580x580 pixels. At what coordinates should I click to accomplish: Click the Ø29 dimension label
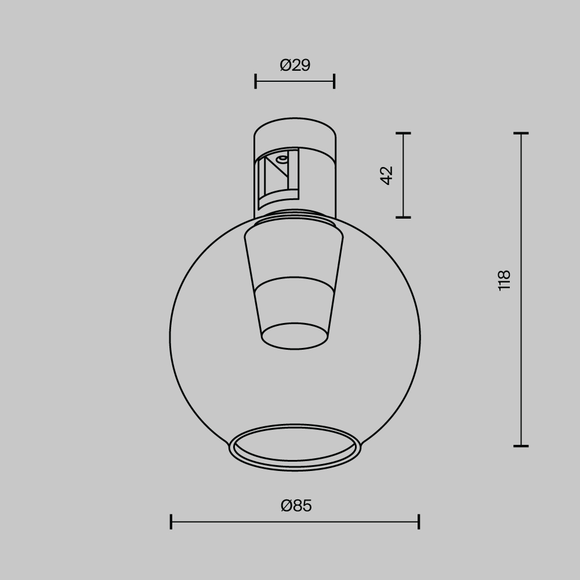pos(295,65)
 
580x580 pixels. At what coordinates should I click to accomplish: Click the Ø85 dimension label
pos(296,506)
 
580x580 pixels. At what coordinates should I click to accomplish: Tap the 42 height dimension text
pos(387,175)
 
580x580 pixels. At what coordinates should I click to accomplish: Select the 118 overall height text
pos(504,280)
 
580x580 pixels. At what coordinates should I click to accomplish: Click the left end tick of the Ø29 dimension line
pos(256,81)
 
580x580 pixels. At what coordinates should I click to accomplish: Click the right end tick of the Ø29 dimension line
pos(334,81)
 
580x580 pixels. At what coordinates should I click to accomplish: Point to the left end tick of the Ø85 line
pos(171,521)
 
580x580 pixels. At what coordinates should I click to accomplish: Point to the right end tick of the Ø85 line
pos(419,521)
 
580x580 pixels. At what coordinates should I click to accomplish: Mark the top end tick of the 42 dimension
pos(403,133)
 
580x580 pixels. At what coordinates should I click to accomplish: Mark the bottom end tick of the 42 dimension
pos(403,217)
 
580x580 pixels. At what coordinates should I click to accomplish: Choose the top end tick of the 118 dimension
pos(521,133)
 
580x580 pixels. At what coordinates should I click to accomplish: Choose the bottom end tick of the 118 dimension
pos(521,446)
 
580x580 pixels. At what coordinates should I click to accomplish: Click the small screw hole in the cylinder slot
pos(282,158)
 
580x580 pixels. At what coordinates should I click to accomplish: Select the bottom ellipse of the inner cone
pos(295,336)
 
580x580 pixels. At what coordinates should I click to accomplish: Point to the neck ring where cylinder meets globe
pos(295,217)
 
